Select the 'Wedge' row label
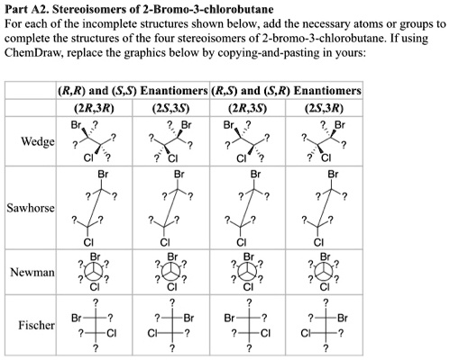coord(30,142)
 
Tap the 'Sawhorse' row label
coord(30,208)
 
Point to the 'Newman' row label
coord(30,271)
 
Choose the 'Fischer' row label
coord(32,323)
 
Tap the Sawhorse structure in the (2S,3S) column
coord(169,208)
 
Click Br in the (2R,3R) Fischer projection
coord(78,317)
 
